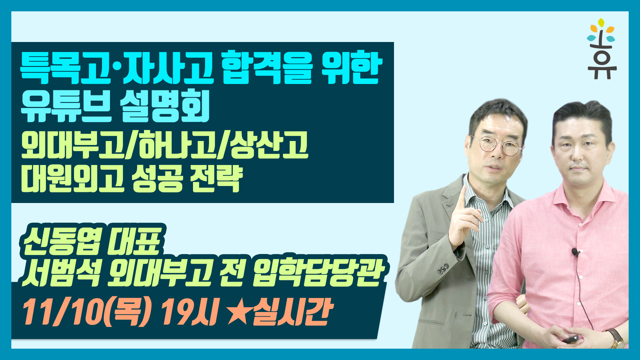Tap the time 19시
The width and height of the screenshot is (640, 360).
coord(190,312)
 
